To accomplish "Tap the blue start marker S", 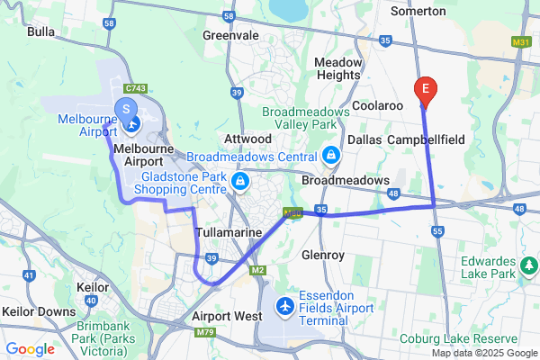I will pyautogui.click(x=127, y=110).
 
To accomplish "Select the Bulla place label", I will pyautogui.click(x=41, y=31).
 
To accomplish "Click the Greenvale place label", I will pyautogui.click(x=230, y=35).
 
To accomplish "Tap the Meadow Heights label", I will pyautogui.click(x=338, y=68).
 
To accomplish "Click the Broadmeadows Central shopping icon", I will pyautogui.click(x=331, y=155).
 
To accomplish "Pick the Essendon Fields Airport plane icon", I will pyautogui.click(x=285, y=307).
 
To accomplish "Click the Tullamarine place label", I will pyautogui.click(x=229, y=232).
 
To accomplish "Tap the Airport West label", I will pyautogui.click(x=227, y=317).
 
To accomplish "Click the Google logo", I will pyautogui.click(x=30, y=348).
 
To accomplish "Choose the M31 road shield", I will pyautogui.click(x=520, y=42).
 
